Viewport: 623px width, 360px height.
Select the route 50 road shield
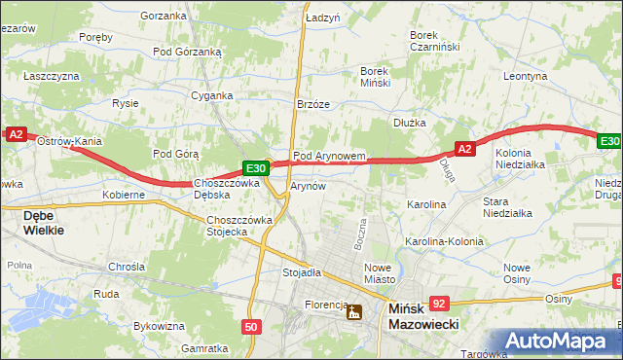251,327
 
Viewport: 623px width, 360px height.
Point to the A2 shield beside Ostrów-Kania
15,135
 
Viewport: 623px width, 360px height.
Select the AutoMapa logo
559,341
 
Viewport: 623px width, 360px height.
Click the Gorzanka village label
163,16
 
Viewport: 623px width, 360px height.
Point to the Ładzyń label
322,18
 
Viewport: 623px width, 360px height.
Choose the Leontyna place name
526,75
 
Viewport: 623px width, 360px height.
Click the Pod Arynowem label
329,156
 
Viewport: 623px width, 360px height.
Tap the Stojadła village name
302,272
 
